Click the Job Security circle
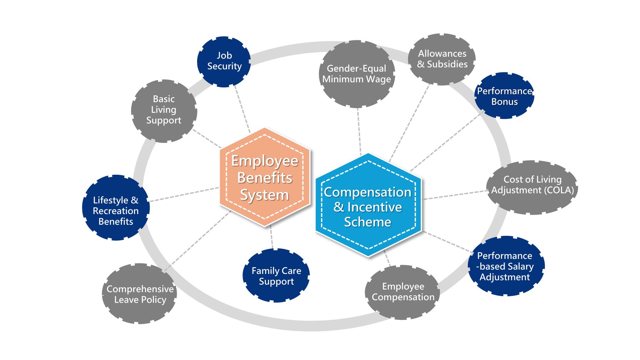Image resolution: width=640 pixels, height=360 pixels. [x=224, y=61]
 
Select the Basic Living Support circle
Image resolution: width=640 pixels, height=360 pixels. [x=164, y=110]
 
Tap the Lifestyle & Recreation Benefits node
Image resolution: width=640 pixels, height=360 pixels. [x=116, y=208]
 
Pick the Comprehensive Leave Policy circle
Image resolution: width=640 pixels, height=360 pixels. [x=140, y=294]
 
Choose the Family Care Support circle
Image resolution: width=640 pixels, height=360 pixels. [x=276, y=276]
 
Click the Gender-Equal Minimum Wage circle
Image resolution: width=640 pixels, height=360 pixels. [x=357, y=74]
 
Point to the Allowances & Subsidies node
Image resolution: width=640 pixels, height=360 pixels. [x=442, y=59]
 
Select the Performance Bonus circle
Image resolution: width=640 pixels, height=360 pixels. [x=504, y=96]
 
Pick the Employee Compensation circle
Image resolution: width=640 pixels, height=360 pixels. [x=403, y=292]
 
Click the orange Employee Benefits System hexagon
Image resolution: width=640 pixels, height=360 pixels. [x=265, y=177]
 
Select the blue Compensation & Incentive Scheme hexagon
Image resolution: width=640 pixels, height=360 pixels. [x=368, y=206]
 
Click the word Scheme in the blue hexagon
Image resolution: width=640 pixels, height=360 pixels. [x=368, y=222]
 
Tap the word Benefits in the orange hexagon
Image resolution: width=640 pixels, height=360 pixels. [x=265, y=178]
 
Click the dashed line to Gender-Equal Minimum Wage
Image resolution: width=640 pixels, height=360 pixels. [x=359, y=131]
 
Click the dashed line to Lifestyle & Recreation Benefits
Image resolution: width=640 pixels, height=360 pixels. [x=184, y=195]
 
